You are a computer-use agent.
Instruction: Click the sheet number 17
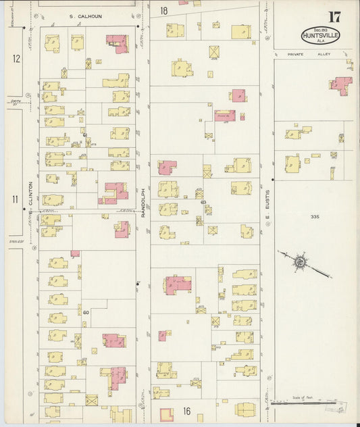[334, 17]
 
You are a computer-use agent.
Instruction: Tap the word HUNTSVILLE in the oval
[321, 35]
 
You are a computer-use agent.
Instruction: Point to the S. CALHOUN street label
[85, 16]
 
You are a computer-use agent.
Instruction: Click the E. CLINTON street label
[31, 196]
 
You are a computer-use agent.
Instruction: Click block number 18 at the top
[164, 11]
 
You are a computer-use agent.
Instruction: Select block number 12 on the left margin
[16, 59]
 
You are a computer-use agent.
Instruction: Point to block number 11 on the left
[15, 199]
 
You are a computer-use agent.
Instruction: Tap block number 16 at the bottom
[186, 410]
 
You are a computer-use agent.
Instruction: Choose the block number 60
[86, 312]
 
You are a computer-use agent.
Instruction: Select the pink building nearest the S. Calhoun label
[118, 43]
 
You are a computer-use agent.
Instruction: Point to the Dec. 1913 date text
[320, 27]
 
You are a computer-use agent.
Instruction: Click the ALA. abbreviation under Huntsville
[320, 42]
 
